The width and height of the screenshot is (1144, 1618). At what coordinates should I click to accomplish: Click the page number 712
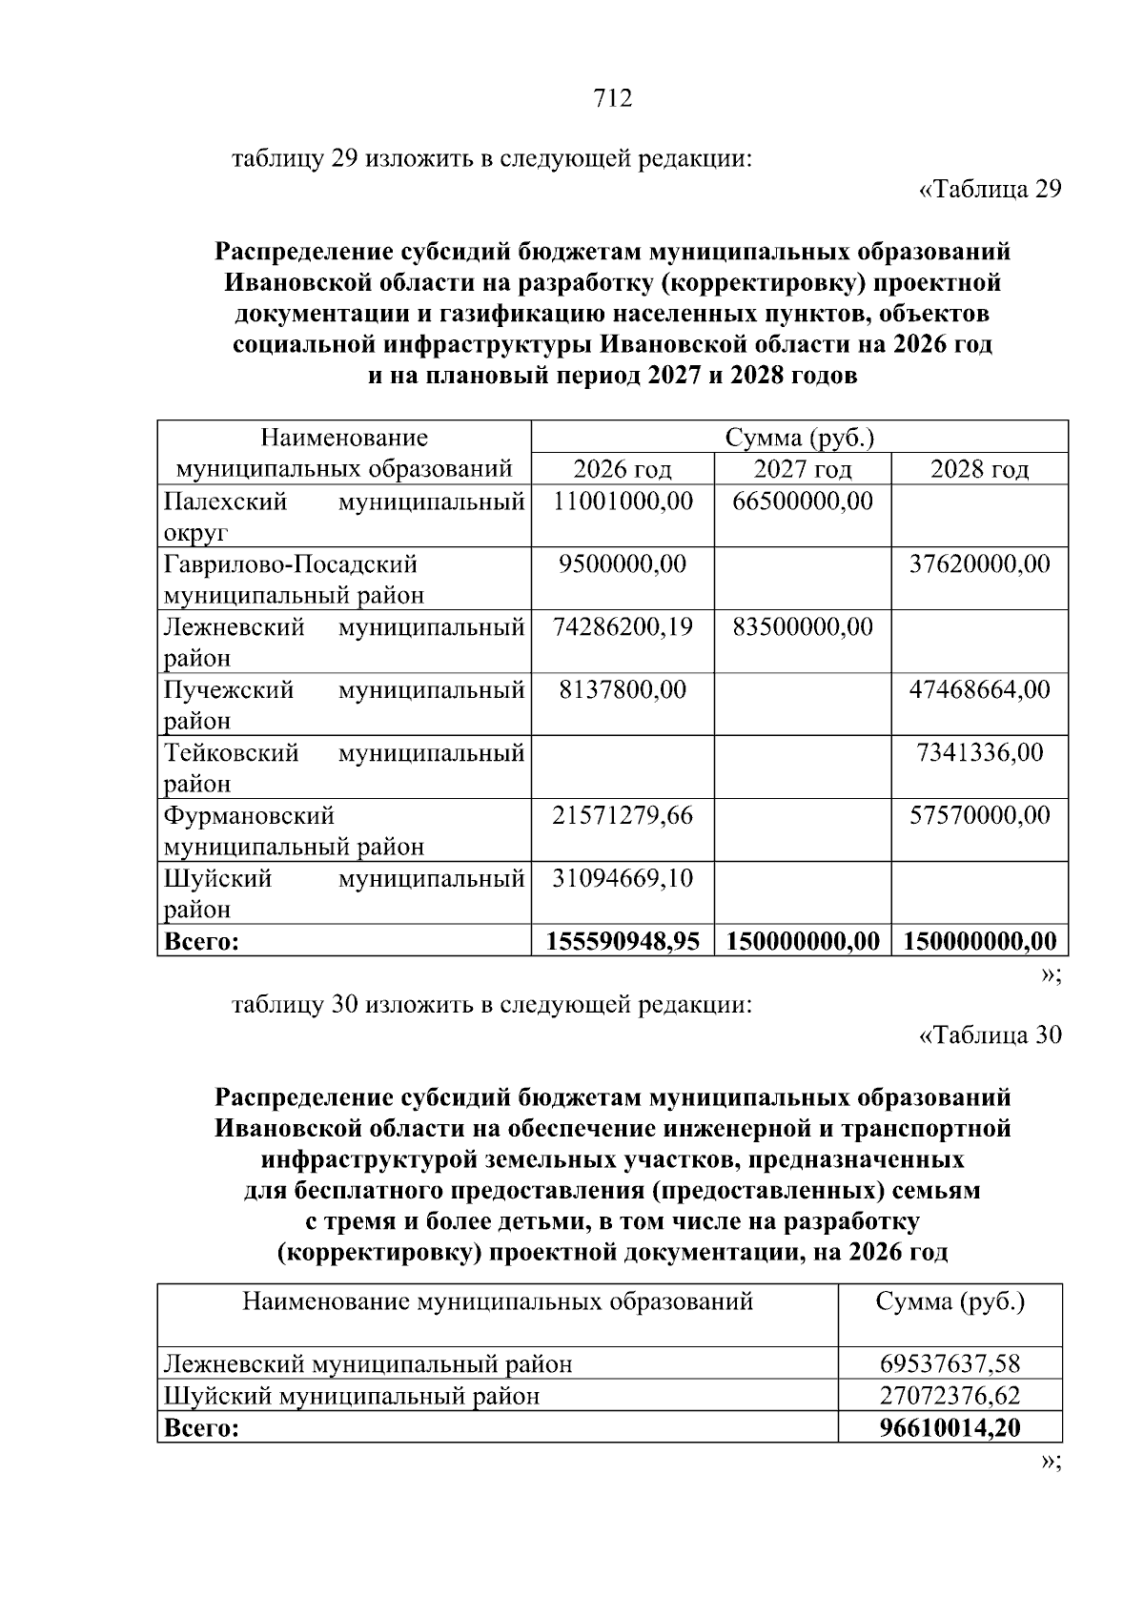click(x=612, y=98)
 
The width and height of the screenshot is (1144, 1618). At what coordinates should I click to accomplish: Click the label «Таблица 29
click(x=990, y=190)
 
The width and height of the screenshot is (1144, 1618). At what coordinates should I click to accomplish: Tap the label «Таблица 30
click(x=990, y=1035)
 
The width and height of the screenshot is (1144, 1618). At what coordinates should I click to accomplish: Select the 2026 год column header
click(x=622, y=469)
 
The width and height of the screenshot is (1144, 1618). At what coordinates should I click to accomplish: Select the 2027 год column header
click(x=803, y=469)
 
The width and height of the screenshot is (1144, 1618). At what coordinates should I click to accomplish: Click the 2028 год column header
click(x=979, y=469)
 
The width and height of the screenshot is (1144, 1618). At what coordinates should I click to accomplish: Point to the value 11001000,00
click(x=623, y=502)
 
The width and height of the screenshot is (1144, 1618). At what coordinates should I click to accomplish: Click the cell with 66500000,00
click(x=803, y=502)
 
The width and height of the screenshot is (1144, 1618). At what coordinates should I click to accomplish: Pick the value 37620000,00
click(x=979, y=564)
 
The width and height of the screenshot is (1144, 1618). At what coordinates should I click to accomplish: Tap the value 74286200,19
click(x=623, y=627)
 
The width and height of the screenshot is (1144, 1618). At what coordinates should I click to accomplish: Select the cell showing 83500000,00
click(x=803, y=627)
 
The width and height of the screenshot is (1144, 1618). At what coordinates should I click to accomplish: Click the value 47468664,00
click(x=979, y=690)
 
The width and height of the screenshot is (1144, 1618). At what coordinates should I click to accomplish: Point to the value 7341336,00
click(x=979, y=753)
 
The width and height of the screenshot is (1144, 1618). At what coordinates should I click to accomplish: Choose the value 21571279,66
click(x=623, y=816)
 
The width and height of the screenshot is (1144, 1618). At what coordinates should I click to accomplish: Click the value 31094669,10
click(x=623, y=878)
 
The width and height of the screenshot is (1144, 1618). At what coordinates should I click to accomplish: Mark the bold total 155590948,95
click(x=623, y=942)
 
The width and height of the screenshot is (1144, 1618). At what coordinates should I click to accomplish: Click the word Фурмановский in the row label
click(x=249, y=816)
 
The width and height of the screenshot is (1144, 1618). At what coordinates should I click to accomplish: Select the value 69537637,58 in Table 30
click(x=950, y=1364)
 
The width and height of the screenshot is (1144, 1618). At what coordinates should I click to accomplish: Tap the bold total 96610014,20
click(x=950, y=1428)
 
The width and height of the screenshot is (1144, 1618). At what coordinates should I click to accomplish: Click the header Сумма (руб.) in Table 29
click(x=799, y=438)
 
